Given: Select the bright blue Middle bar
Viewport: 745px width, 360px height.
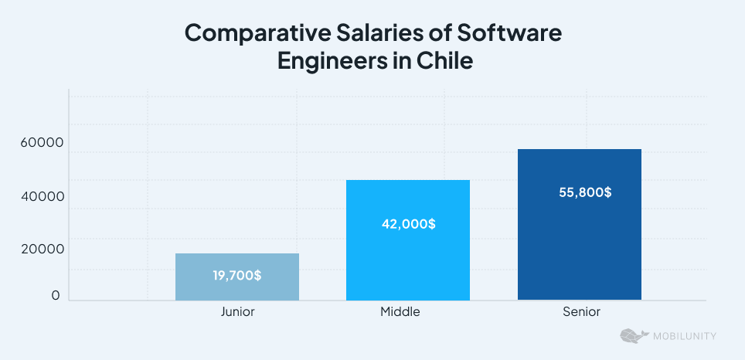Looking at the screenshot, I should pos(407,263).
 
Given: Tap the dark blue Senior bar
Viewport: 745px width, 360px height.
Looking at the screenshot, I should pos(579,247).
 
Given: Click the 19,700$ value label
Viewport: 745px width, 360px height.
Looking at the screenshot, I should pos(236,276).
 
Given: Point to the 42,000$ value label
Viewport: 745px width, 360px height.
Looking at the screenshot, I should pos(408,224).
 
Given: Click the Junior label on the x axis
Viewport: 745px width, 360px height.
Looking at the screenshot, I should pos(237,312).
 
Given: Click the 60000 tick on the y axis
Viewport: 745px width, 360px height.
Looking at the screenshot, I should pos(43,144).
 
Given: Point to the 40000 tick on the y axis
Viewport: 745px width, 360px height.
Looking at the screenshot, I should pos(43,197).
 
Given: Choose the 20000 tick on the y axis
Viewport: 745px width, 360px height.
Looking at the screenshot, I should pos(43,249).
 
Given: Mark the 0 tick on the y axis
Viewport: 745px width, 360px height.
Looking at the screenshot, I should pos(56,296).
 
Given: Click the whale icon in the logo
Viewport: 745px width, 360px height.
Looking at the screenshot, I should pos(632,336).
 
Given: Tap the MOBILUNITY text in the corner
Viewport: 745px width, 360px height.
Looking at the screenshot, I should pos(684,336).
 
